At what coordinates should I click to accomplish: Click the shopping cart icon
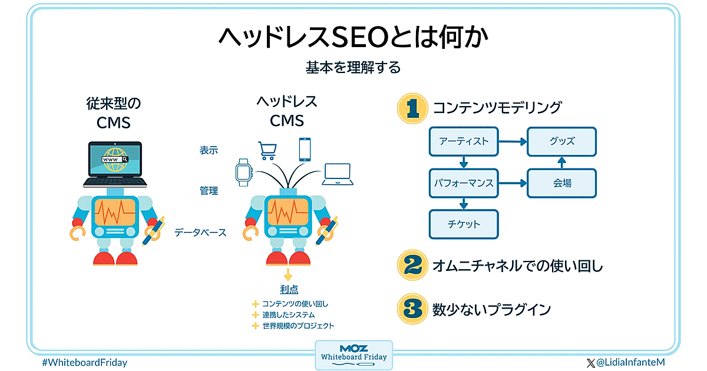266,150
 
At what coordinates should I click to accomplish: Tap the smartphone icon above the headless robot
305,149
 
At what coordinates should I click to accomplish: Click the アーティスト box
464,141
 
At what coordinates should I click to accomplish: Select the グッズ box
561,141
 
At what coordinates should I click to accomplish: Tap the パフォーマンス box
464,183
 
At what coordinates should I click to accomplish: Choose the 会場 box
561,183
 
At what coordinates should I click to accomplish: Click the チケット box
464,224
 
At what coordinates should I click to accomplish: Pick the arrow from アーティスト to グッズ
513,141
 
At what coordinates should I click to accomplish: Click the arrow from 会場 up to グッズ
561,162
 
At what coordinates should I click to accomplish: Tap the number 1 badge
412,108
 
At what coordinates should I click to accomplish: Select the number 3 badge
412,309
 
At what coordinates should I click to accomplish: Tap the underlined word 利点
289,289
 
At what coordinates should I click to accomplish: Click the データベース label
200,233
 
